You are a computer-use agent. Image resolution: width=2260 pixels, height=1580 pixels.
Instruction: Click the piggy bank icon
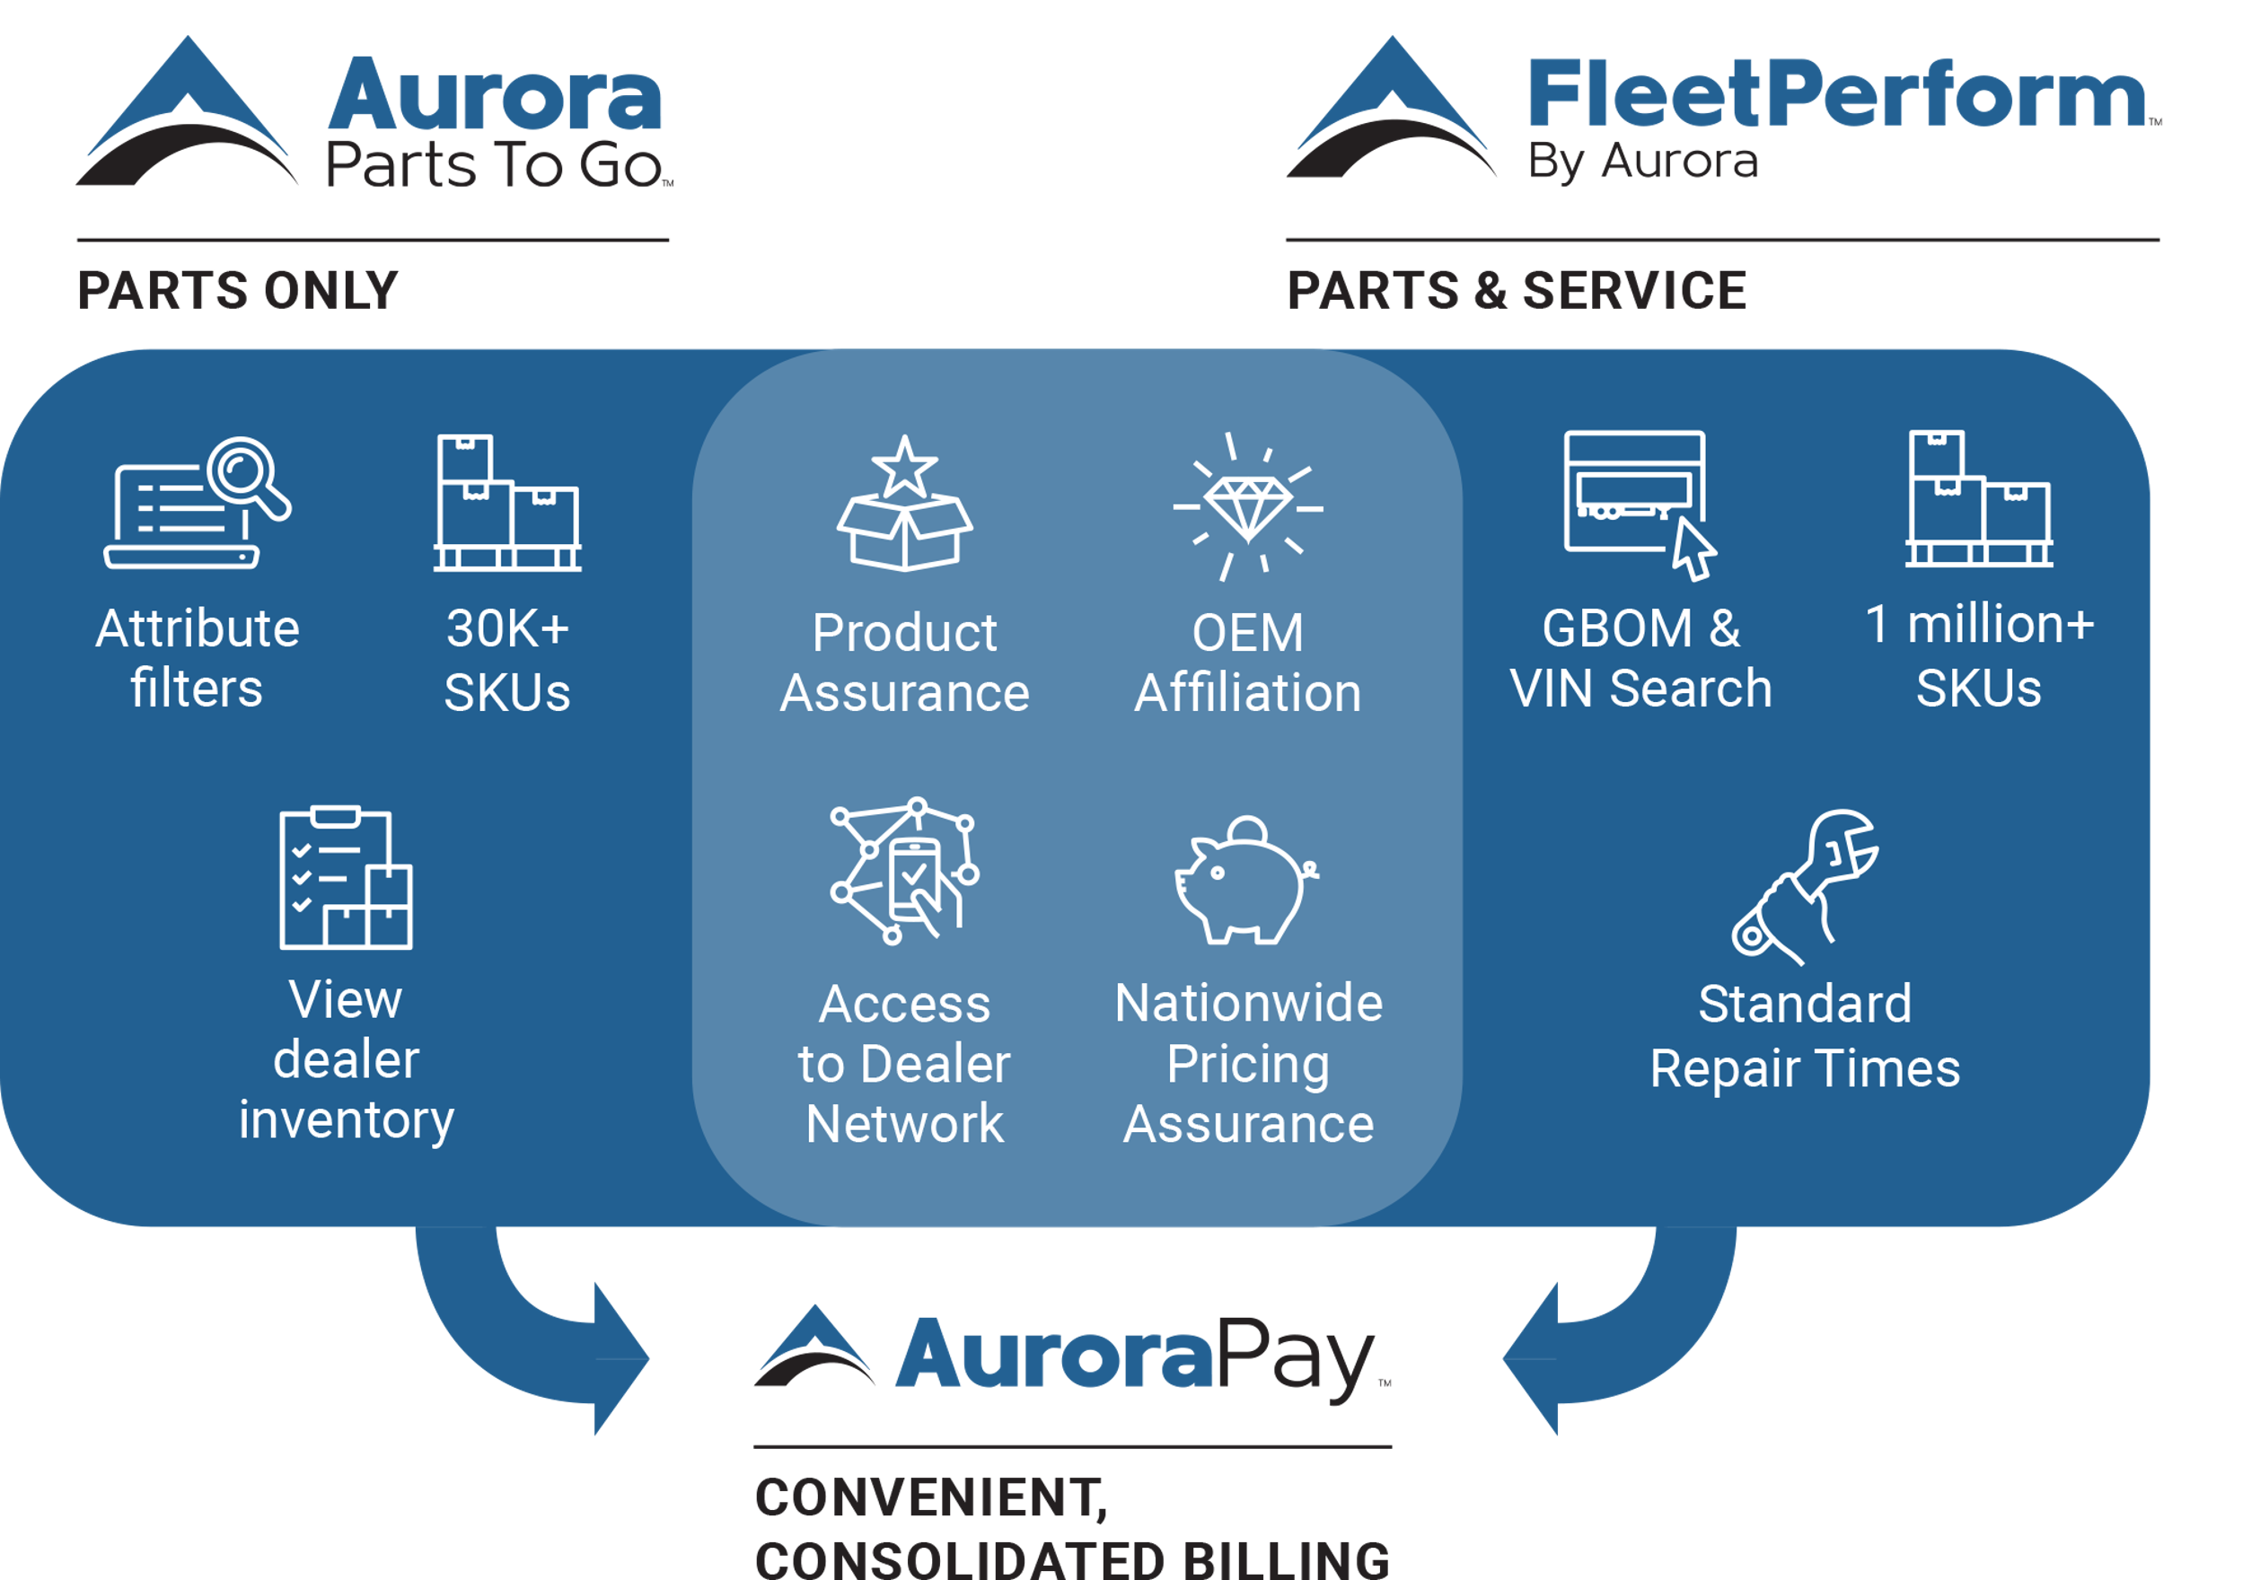tap(1245, 881)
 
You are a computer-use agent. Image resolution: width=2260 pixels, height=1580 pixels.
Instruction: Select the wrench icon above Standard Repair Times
tap(1806, 886)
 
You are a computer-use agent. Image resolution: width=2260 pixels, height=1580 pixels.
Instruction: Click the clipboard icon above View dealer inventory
tap(346, 877)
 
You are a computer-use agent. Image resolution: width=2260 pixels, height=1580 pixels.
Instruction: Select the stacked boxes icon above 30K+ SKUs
tap(507, 503)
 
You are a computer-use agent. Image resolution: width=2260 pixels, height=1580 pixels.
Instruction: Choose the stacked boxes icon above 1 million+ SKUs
tap(1978, 499)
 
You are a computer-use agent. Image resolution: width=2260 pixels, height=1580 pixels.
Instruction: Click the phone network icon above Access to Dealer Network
tap(904, 870)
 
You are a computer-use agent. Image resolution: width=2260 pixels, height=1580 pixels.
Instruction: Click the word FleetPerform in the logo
tap(1837, 94)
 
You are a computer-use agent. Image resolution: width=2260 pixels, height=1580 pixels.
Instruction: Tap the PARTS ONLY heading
tap(238, 290)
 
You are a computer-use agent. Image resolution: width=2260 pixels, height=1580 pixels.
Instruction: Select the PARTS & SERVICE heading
tap(1517, 290)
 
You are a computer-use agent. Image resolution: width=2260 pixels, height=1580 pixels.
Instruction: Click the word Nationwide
tap(1248, 1005)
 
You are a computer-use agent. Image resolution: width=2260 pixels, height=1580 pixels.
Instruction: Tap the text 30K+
tap(508, 628)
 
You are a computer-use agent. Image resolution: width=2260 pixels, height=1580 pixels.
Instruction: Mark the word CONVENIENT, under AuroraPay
tap(931, 1497)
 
